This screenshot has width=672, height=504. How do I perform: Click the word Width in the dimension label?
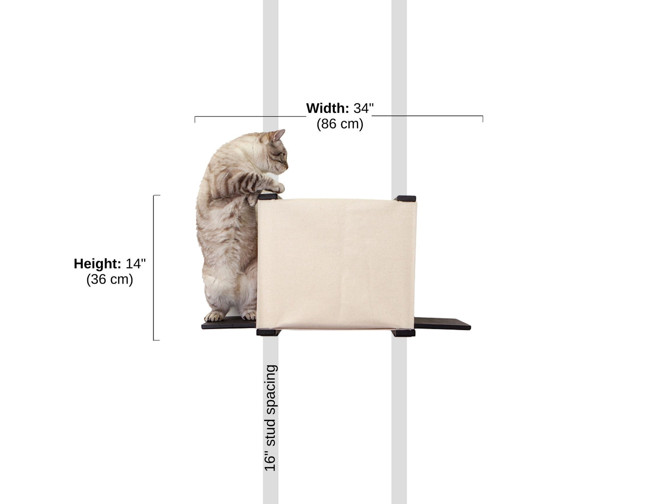(x=327, y=108)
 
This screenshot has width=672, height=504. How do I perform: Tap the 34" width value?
(x=364, y=108)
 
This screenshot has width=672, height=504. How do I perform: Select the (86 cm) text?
(x=340, y=124)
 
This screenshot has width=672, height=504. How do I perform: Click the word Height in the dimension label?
(x=97, y=264)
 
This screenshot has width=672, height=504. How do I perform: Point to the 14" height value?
(x=135, y=264)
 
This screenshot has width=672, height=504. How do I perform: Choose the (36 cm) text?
(x=110, y=279)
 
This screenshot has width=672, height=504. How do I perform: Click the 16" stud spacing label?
(x=271, y=418)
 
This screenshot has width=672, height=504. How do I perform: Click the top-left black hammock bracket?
(x=267, y=197)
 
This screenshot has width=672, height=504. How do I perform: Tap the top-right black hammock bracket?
(x=405, y=198)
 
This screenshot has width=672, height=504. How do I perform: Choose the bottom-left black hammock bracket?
(x=267, y=332)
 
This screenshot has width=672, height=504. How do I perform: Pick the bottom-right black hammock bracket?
(x=403, y=332)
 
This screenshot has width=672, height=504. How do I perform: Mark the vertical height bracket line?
(x=154, y=268)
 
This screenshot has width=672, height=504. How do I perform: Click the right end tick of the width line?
(x=483, y=119)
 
